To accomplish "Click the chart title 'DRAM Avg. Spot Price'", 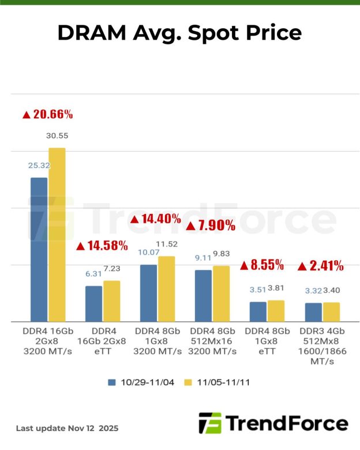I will click(179, 33).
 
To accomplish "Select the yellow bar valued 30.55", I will click(57, 234).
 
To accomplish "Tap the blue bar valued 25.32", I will click(39, 249).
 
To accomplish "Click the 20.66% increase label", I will click(48, 114).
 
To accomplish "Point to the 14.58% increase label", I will click(102, 246).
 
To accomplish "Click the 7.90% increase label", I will click(211, 225).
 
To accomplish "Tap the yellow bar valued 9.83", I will click(222, 293).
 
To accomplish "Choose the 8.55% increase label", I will click(262, 265).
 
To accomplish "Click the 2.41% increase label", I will click(321, 266).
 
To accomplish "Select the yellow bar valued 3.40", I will click(331, 312).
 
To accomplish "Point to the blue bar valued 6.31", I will click(93, 303).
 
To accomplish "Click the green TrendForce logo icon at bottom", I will click(209, 423).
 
